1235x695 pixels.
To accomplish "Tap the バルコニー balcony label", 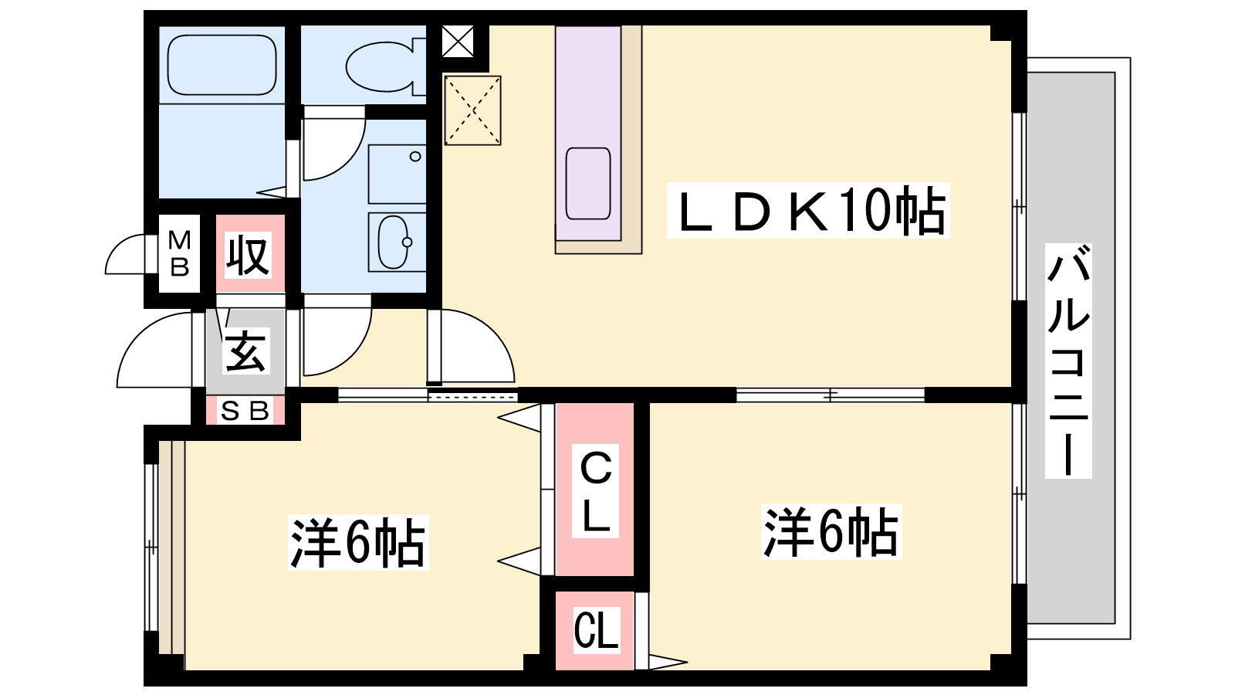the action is [1068, 360].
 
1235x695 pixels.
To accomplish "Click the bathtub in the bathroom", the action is [222, 66].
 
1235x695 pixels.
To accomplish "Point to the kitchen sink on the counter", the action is [588, 183].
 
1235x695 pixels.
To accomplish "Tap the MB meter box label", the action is [180, 253].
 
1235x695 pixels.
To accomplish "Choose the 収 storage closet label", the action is [248, 256].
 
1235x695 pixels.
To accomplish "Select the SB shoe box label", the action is [245, 411].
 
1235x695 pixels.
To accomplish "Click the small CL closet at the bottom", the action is [596, 630].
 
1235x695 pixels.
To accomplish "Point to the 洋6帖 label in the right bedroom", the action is [831, 531].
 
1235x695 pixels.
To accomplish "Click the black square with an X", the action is [458, 42].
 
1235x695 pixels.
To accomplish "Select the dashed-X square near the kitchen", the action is [473, 110].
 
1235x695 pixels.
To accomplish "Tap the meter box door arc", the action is [125, 254].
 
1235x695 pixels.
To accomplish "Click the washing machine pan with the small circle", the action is [397, 174].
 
